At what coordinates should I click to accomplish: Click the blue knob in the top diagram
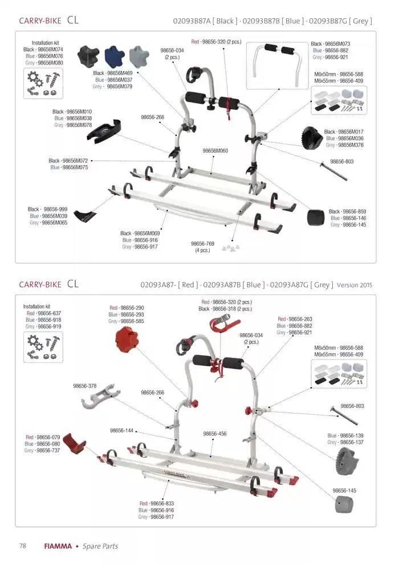click(x=115, y=56)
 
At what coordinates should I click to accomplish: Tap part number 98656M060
click(x=215, y=151)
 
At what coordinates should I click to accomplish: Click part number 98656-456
click(x=215, y=434)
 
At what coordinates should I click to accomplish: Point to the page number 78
click(x=23, y=546)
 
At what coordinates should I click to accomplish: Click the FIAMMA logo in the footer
click(x=58, y=546)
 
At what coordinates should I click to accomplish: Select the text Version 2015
click(x=355, y=284)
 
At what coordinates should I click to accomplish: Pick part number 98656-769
click(x=202, y=244)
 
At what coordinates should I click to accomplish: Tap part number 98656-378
click(x=84, y=386)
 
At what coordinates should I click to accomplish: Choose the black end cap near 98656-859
click(x=316, y=218)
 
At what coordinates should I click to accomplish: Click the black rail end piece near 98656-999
click(x=85, y=216)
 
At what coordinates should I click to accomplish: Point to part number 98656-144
click(x=121, y=431)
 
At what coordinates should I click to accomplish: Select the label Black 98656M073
click(x=330, y=44)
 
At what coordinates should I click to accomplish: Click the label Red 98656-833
click(x=157, y=504)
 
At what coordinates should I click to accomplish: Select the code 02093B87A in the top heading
click(x=194, y=21)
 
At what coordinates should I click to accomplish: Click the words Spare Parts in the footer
click(x=100, y=546)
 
